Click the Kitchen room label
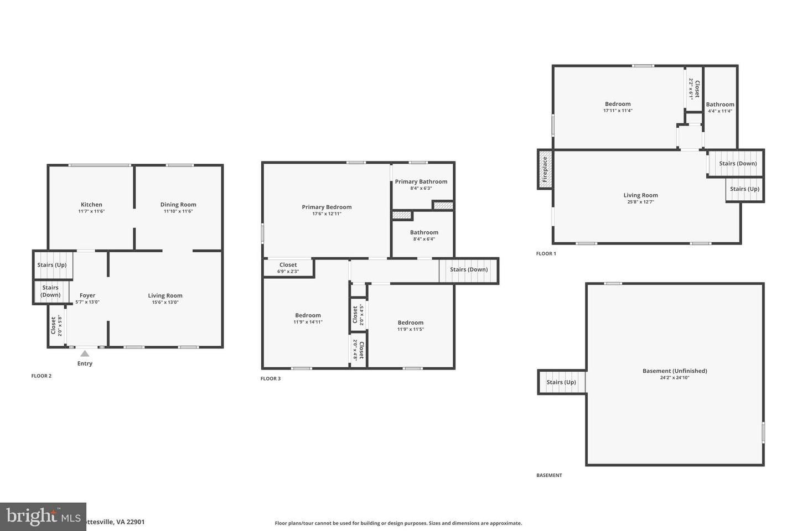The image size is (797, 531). click(x=91, y=205)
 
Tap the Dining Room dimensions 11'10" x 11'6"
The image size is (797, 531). click(x=178, y=211)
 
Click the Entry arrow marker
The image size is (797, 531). click(x=85, y=353)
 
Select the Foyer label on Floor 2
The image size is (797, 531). click(x=87, y=295)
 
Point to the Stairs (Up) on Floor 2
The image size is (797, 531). click(x=52, y=265)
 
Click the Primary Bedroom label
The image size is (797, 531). click(x=327, y=207)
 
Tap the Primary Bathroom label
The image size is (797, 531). click(x=421, y=181)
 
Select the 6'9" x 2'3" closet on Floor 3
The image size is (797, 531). click(x=288, y=268)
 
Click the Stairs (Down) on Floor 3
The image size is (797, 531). click(x=469, y=270)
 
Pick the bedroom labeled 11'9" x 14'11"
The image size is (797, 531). click(x=308, y=319)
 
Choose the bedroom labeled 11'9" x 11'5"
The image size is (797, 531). click(x=410, y=326)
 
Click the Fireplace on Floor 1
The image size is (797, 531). click(x=545, y=169)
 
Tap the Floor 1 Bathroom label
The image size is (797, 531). click(x=720, y=105)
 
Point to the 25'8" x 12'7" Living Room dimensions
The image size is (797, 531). click(x=640, y=202)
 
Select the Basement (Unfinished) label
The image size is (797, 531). click(x=675, y=371)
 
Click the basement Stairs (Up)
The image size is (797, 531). click(x=561, y=382)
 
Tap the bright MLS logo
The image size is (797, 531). click(x=43, y=517)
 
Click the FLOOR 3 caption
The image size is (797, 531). click(x=271, y=379)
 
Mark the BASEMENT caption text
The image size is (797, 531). click(x=549, y=475)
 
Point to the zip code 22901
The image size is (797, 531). click(x=136, y=522)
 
